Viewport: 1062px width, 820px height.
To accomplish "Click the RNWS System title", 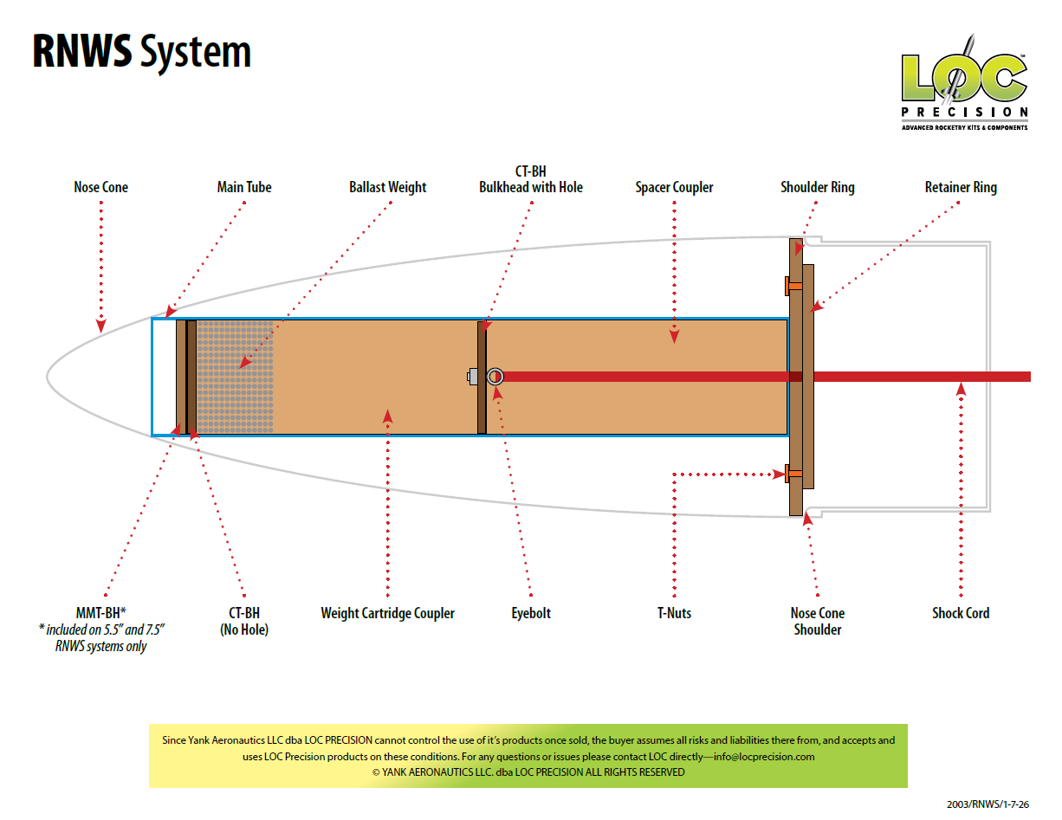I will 142,53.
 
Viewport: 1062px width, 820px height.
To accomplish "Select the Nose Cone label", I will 101,187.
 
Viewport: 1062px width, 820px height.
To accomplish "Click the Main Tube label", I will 244,187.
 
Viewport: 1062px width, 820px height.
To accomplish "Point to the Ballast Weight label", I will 388,187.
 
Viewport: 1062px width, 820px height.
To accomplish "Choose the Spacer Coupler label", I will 674,187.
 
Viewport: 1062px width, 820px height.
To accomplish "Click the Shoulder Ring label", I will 817,187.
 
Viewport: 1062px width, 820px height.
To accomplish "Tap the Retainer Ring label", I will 961,187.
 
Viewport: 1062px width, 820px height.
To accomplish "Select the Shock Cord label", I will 961,613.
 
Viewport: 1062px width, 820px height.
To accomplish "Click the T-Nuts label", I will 674,613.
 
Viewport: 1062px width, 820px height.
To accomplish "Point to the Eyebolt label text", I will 531,613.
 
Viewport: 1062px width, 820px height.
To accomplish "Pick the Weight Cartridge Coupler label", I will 388,613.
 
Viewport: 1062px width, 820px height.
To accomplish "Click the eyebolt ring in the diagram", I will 495,377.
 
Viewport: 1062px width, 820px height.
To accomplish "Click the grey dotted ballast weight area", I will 235,377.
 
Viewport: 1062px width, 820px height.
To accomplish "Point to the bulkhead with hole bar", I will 482,346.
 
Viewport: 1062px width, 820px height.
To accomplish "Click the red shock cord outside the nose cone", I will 927,377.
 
